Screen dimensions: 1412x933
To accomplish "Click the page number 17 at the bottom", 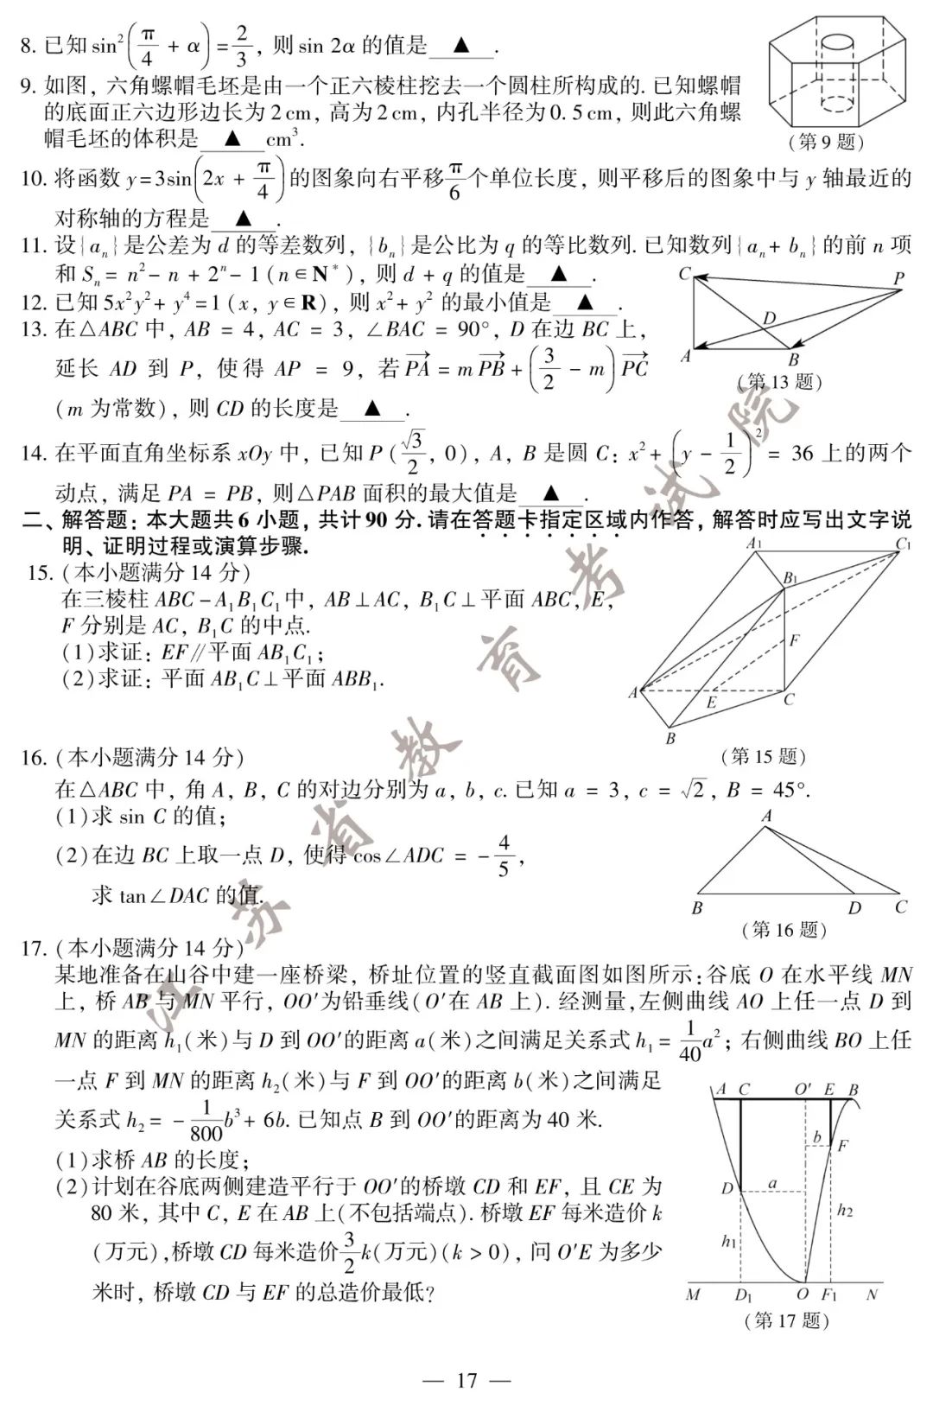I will coord(466,1380).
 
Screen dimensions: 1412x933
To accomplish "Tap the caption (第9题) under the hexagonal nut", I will coord(827,142).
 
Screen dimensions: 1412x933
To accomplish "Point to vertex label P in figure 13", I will coord(898,278).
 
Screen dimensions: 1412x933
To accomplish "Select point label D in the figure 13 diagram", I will coord(769,319).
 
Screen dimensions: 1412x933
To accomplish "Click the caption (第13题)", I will coord(780,381).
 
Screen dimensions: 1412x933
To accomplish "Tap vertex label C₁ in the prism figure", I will coord(904,544).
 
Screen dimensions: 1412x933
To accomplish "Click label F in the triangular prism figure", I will coord(794,640).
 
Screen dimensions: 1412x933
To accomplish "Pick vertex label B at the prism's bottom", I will coord(670,739).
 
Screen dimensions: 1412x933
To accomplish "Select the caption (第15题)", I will coord(764,757).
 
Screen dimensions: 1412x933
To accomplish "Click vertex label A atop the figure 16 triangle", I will coord(766,815).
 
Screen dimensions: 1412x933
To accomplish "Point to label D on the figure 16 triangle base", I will coord(854,907).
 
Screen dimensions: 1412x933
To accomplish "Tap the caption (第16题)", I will coord(784,930).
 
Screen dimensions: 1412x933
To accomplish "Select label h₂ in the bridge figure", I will coord(845,1211).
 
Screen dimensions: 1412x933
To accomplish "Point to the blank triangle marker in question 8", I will coord(462,45).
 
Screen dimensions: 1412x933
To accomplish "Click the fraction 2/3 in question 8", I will coord(241,46).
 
